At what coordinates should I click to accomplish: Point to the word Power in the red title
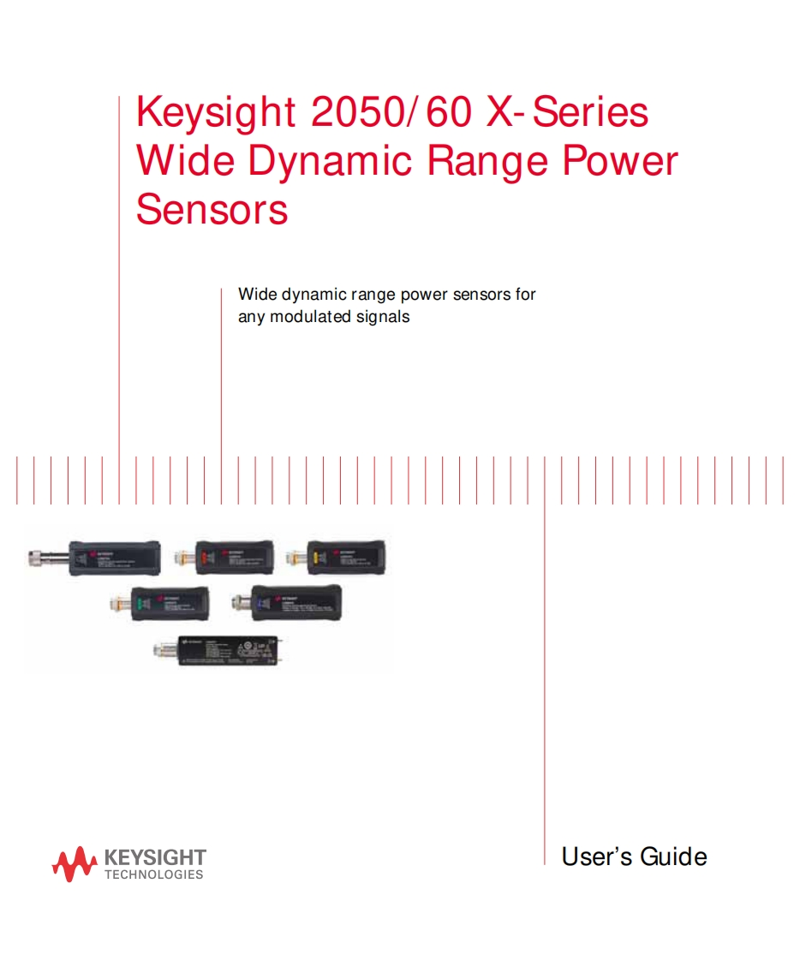click(x=620, y=162)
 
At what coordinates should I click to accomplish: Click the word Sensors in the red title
click(x=212, y=210)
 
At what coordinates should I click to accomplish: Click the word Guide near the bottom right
click(x=673, y=857)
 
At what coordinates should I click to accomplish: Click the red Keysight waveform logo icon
click(x=74, y=863)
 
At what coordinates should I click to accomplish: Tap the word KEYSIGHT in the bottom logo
click(x=154, y=857)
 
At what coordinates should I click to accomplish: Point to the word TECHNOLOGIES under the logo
click(x=154, y=874)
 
